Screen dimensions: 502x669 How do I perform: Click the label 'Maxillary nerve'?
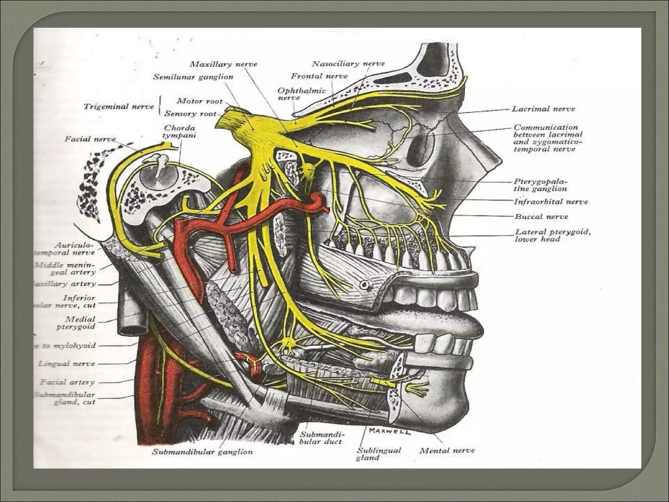[224, 64]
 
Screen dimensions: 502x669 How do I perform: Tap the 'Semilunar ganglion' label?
[193, 77]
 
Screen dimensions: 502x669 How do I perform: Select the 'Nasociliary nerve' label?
[348, 63]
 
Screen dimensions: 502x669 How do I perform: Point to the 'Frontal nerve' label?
[319, 76]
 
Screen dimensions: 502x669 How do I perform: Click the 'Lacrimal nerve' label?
[543, 109]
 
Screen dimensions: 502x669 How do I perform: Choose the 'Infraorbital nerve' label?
[551, 202]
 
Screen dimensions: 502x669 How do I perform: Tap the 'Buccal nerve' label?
[541, 216]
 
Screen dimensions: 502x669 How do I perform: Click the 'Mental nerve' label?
[447, 451]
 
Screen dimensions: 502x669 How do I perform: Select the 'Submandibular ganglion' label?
[203, 452]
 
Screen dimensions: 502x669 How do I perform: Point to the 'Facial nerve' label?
[90, 139]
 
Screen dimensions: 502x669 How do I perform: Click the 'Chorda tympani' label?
[180, 131]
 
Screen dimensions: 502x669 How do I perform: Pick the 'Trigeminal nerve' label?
[119, 107]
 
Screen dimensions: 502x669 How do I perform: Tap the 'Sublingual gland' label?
[379, 454]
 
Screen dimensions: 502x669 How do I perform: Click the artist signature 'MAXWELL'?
[389, 431]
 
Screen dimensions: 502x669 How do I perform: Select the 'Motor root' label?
[199, 101]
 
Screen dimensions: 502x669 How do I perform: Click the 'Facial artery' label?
[68, 382]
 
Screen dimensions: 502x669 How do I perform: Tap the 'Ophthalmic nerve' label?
[302, 94]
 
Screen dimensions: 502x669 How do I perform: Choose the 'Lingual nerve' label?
[67, 363]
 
